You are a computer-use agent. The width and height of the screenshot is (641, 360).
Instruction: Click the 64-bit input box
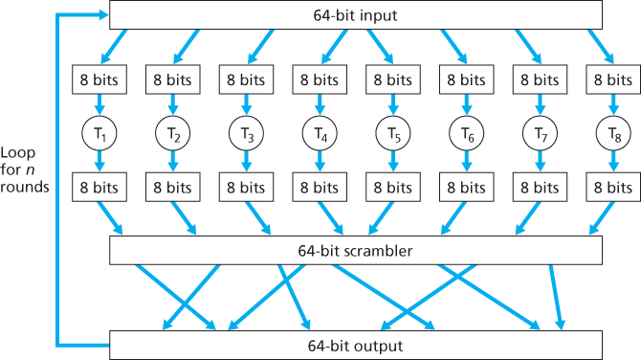(x=356, y=14)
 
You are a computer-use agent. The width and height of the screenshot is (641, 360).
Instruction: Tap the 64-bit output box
(x=356, y=345)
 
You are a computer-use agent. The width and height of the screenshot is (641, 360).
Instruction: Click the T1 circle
(x=99, y=134)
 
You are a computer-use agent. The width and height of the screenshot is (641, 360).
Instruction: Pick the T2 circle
(x=172, y=134)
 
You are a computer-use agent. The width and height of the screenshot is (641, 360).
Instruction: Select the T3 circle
(x=246, y=134)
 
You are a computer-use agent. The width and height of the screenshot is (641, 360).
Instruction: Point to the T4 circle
(x=320, y=134)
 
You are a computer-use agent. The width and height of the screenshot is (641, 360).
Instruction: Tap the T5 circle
(x=393, y=134)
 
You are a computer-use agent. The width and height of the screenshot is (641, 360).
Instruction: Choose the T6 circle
(x=467, y=134)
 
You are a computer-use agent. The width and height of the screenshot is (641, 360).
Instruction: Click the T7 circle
(x=541, y=134)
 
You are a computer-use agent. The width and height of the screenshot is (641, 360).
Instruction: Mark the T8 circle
(x=613, y=134)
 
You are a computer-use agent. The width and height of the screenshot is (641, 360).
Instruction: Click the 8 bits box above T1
(x=99, y=80)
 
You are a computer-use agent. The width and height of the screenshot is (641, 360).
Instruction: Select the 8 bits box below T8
(x=613, y=188)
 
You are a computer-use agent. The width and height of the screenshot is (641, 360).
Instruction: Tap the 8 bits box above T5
(x=393, y=80)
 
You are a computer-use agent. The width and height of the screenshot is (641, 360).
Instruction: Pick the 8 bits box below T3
(x=246, y=188)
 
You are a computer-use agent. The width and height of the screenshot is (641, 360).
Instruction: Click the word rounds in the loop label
(x=25, y=187)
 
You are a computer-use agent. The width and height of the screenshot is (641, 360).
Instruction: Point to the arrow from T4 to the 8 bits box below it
(x=320, y=162)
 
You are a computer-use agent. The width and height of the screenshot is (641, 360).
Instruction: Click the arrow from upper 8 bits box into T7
(x=541, y=104)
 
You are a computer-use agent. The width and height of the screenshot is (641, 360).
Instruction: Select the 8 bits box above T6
(x=467, y=80)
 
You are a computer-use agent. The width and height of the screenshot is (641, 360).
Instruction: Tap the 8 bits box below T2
(x=172, y=188)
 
